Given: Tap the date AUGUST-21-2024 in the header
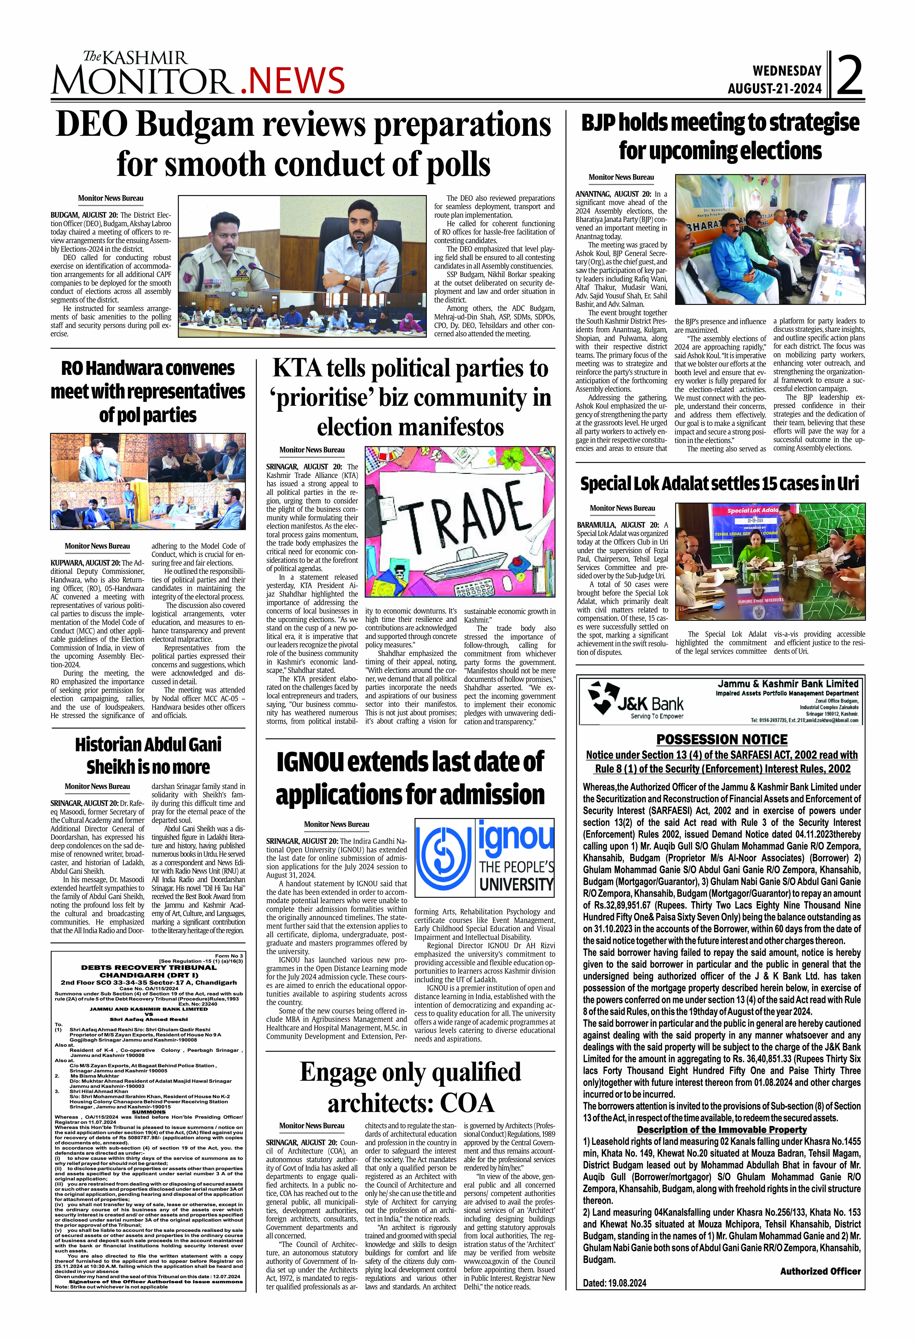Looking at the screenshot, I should coord(774,88).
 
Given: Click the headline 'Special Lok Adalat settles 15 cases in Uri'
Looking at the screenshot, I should coord(720,483).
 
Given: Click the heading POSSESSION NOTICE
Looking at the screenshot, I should coord(721,739).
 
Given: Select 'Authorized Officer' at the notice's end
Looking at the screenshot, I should coord(820,1271).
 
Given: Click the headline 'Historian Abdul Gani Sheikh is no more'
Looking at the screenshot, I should coord(148,755).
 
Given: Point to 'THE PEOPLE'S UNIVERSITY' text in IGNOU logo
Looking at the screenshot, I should coord(516,875).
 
